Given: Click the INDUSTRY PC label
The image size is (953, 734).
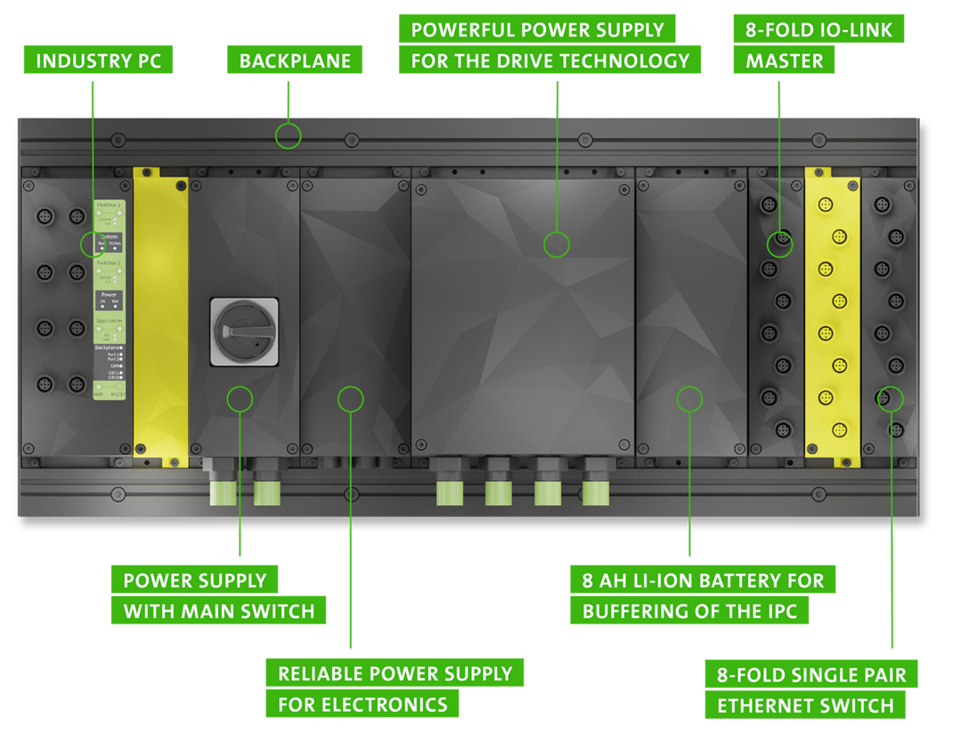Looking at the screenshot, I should point(98,61).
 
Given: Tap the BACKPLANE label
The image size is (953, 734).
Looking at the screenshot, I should point(295,61).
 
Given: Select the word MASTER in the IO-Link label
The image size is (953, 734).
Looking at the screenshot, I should point(784,61).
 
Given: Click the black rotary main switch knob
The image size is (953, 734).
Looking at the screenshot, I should point(244,331).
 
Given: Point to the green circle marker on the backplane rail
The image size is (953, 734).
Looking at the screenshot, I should point(288,136).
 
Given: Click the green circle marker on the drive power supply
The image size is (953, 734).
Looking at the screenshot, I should point(557,244).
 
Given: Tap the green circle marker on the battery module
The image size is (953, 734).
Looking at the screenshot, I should point(689,398).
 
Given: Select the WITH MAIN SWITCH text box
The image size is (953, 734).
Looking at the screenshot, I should point(218,611).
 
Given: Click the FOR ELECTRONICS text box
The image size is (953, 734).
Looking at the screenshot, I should point(362,705).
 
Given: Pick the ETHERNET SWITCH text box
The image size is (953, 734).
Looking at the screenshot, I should point(805,705).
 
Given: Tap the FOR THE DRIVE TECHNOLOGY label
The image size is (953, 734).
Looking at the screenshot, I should point(550,61).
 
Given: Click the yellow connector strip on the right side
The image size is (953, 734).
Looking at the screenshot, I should point(832,312).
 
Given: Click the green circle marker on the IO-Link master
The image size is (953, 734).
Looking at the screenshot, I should point(779,244).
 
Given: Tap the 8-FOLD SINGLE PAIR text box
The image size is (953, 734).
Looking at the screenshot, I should point(810,674).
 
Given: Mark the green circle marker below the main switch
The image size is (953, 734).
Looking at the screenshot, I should point(240,398).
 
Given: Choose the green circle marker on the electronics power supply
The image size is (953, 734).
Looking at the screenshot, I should point(351,398).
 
